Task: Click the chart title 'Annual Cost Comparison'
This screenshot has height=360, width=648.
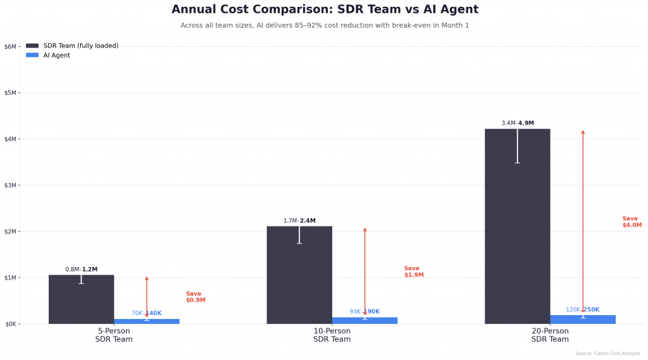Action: click(x=325, y=9)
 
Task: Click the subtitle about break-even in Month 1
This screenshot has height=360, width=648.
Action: click(x=325, y=25)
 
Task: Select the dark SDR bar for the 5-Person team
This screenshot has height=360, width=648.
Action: click(x=81, y=300)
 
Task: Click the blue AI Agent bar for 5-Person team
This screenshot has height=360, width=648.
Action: click(x=147, y=321)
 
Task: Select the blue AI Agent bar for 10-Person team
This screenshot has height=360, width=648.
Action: click(x=364, y=321)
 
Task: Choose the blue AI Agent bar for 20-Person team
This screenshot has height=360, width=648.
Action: click(x=583, y=320)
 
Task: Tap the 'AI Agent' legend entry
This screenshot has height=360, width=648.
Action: click(x=56, y=55)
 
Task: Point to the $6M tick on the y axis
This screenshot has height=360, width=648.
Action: click(x=10, y=46)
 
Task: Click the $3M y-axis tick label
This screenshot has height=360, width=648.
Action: click(x=10, y=185)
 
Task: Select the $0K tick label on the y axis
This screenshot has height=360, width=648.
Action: click(x=10, y=324)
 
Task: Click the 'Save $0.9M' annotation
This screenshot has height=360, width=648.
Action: click(x=195, y=297)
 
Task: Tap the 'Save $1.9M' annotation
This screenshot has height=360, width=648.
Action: click(x=413, y=271)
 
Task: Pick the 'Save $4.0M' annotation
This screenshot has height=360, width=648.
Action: click(x=632, y=221)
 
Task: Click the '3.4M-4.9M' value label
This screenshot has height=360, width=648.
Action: click(x=517, y=123)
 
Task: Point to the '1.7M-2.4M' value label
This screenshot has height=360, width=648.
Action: click(x=299, y=221)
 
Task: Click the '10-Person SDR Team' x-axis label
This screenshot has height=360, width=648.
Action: click(x=332, y=335)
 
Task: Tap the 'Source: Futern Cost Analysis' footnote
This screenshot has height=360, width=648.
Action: click(x=607, y=353)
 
